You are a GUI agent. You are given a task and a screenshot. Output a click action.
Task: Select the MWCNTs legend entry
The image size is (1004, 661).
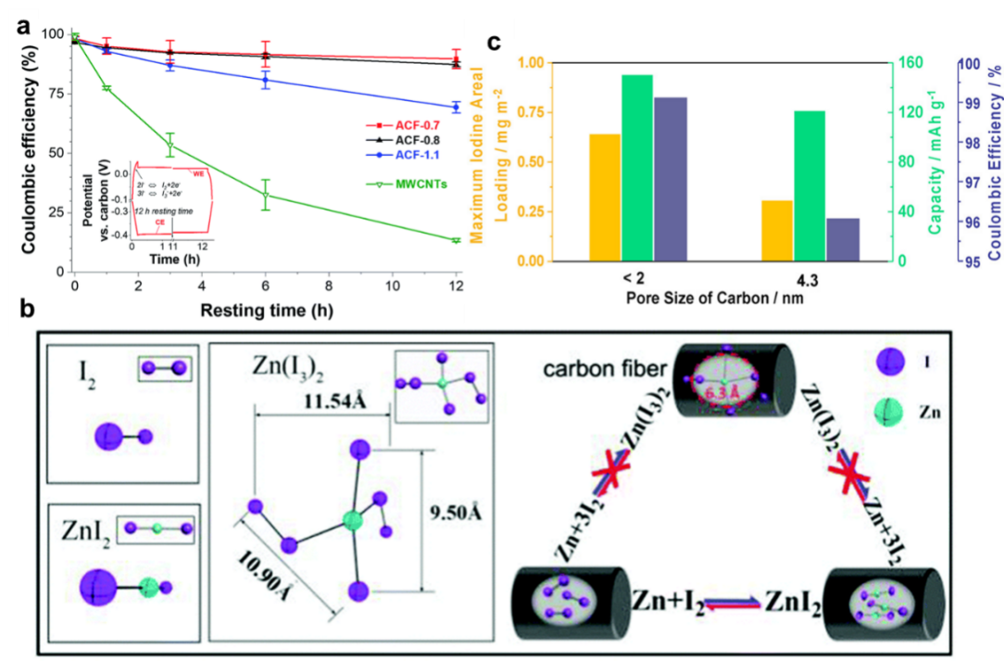pos(406,184)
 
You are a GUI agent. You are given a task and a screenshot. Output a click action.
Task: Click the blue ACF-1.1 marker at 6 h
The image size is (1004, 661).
pos(266,80)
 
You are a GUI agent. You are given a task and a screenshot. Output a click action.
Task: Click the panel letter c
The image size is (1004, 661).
pos(495,42)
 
